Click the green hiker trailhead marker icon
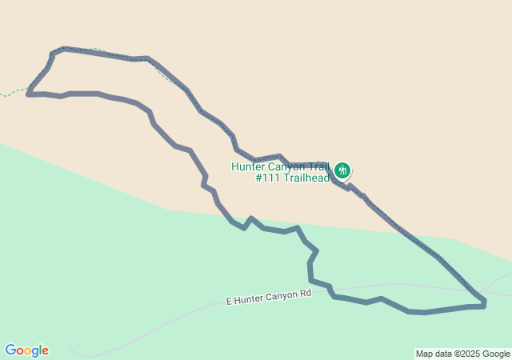click(342, 170)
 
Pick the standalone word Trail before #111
click(318, 167)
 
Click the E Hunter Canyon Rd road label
click(269, 297)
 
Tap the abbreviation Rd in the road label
click(305, 294)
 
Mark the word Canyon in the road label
click(282, 296)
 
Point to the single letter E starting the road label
click(230, 302)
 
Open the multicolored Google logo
click(26, 350)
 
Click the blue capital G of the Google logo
click(10, 350)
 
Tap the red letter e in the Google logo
click(45, 351)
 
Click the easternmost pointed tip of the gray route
click(485, 303)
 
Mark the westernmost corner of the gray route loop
click(28, 94)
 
